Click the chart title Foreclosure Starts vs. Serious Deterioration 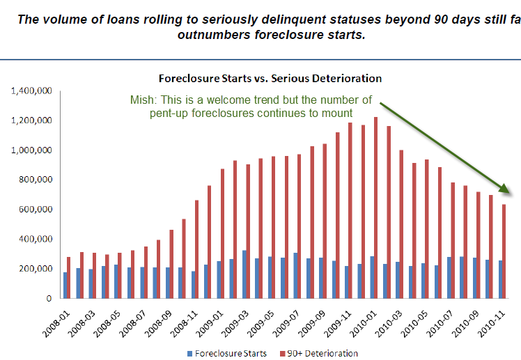270,78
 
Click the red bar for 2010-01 376,208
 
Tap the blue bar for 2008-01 65,285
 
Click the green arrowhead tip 511,194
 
